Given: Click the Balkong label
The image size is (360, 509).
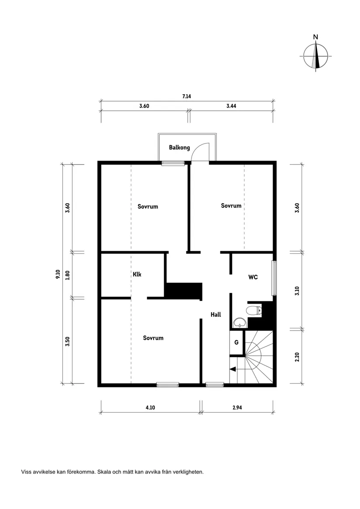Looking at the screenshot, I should [179, 147].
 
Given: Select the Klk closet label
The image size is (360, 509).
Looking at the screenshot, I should [137, 274].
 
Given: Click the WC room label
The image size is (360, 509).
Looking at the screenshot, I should [253, 277].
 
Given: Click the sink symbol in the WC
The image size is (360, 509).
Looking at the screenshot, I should [239, 323].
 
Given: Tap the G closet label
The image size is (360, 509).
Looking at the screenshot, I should [236, 342].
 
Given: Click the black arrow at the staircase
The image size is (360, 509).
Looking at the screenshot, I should [233, 369].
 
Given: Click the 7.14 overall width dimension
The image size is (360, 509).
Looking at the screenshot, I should [186, 96].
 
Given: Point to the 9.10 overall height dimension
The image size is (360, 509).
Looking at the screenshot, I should [58, 274].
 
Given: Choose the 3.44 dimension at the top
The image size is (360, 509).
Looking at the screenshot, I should [232, 106].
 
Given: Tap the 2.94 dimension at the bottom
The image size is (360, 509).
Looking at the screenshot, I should [237, 407].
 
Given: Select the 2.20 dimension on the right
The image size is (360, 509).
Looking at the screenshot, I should [297, 356].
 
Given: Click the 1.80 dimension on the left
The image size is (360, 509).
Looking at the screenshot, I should [67, 275].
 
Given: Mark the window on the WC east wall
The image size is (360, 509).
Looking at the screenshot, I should [274, 278].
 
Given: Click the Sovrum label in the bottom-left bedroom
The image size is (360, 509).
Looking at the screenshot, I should [153, 338].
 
